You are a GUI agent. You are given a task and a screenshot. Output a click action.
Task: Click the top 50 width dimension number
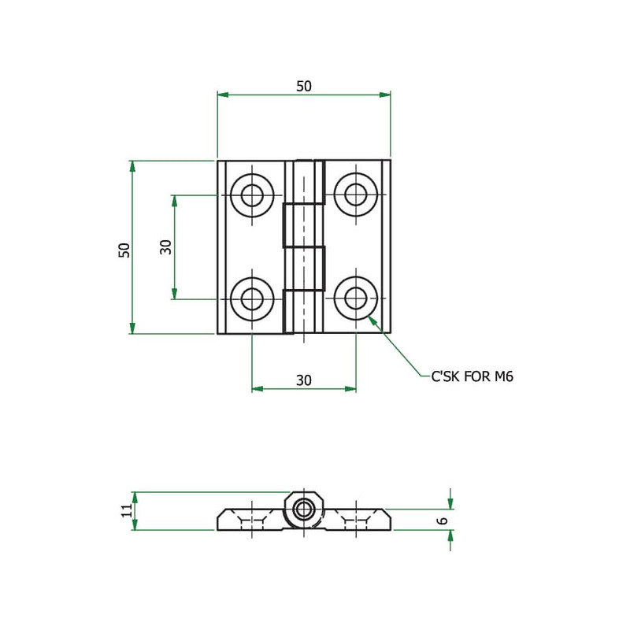click(304, 87)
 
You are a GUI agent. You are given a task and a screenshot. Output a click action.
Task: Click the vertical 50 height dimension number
click(124, 250)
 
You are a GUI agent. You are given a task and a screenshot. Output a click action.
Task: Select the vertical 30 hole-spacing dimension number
click(165, 247)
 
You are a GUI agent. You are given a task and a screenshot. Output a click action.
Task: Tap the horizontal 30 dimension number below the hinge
click(304, 380)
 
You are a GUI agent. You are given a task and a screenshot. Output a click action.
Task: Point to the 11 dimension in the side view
click(126, 510)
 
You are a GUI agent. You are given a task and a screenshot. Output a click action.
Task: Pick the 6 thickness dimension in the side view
click(443, 521)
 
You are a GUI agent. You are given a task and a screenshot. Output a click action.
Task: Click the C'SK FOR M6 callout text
click(472, 376)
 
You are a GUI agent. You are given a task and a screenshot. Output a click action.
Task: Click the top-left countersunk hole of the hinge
click(252, 195)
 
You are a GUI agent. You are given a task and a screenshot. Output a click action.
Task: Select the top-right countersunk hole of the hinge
click(356, 195)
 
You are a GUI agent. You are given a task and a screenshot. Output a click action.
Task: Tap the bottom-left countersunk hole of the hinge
click(252, 299)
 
